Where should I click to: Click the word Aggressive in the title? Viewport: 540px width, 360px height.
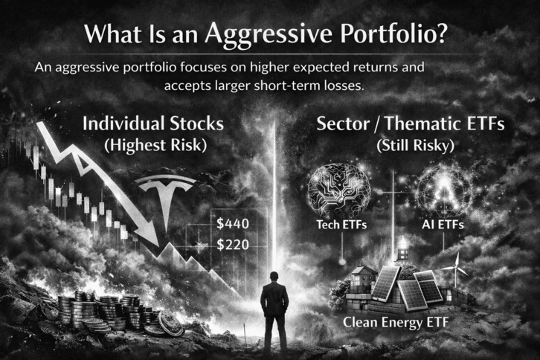pos(252,34)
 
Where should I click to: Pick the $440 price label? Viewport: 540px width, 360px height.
pos(231,222)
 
